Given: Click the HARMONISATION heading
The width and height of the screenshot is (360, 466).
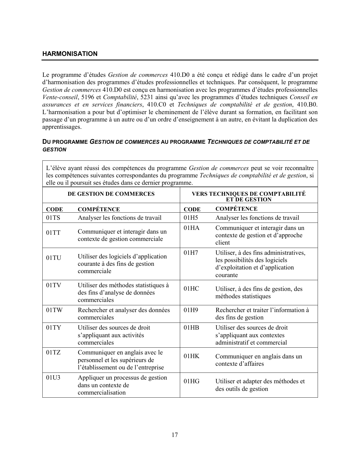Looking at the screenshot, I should (70, 54).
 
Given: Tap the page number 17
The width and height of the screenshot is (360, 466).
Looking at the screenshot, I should (175, 435).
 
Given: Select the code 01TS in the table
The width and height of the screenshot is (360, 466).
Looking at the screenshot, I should (53, 218).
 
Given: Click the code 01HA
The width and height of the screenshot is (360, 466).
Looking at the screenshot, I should (191, 228).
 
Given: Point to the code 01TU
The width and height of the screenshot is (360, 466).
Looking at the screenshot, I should (54, 258).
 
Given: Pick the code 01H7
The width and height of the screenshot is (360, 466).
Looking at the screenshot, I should (191, 253).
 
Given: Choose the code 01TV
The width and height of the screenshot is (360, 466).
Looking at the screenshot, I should (54, 285).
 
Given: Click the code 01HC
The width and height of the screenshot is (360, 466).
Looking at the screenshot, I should (191, 289).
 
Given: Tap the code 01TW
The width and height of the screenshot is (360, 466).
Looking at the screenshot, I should (54, 310).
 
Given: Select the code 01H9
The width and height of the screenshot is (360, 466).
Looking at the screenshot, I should (191, 310).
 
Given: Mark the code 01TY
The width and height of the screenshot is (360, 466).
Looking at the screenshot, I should (54, 328).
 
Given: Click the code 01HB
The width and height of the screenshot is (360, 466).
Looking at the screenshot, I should (191, 328).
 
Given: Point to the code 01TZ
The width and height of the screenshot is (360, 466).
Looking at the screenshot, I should (53, 352).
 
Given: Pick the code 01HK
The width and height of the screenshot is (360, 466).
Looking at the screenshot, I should (191, 356).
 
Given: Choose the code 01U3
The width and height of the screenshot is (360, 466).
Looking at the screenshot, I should (53, 378).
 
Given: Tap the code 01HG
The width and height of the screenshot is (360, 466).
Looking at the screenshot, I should (191, 381).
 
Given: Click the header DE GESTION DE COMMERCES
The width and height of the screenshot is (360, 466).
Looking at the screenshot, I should (111, 194).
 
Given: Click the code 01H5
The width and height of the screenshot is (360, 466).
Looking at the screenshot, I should (191, 218).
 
